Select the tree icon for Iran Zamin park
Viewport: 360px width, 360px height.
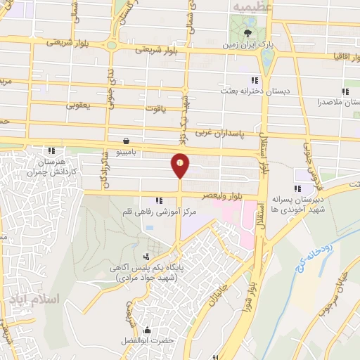click(x=247, y=32)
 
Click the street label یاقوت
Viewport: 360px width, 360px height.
click(x=154, y=109)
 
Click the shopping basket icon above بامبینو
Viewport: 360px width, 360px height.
click(x=125, y=140)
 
